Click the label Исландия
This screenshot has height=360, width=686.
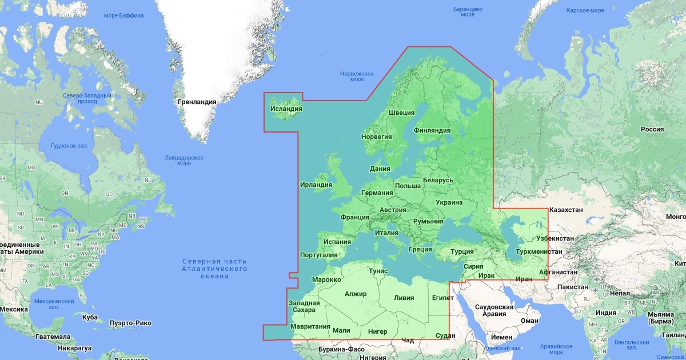(x=286, y=108)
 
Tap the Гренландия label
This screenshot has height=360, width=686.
(x=197, y=102)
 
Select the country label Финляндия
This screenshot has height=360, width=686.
(x=432, y=130)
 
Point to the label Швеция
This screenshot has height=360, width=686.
(x=402, y=112)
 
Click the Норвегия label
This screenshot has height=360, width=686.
(x=377, y=137)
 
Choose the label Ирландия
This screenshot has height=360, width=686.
(x=316, y=185)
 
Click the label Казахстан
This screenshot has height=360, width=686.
(x=566, y=210)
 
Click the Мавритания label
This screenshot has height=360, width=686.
(x=310, y=326)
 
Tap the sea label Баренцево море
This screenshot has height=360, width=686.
(x=468, y=11)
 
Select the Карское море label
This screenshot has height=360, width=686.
(x=585, y=10)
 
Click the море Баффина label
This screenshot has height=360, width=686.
(x=123, y=15)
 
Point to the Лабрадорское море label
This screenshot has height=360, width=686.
(x=184, y=160)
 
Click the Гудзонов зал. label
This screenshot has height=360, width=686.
(x=69, y=146)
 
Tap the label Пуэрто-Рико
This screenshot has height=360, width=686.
(x=132, y=323)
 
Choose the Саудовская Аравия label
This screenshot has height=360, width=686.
(x=494, y=310)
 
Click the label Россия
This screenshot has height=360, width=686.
(x=652, y=129)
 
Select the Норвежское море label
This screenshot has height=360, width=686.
(x=357, y=76)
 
